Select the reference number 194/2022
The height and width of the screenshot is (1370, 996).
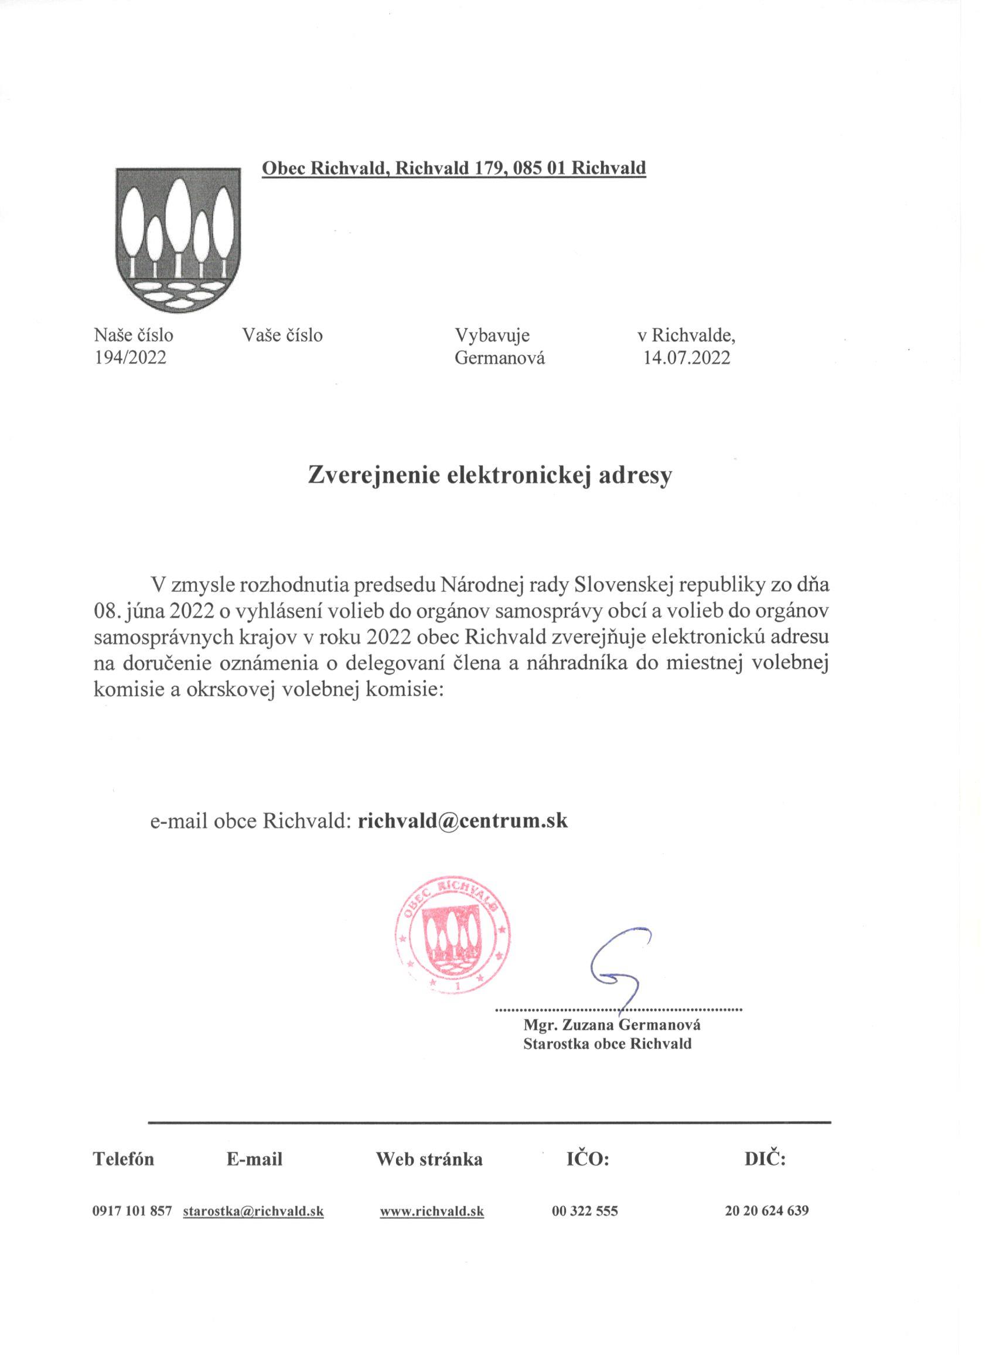[x=130, y=358]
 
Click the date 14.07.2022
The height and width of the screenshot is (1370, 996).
[x=687, y=358]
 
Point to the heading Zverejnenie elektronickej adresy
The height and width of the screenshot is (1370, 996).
[x=490, y=475]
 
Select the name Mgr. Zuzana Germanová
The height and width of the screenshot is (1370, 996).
[x=612, y=1025]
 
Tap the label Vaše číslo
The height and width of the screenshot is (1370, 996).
[x=282, y=335]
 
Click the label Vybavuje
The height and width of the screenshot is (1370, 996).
[x=492, y=335]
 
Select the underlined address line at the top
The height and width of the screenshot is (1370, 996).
[x=453, y=168]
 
